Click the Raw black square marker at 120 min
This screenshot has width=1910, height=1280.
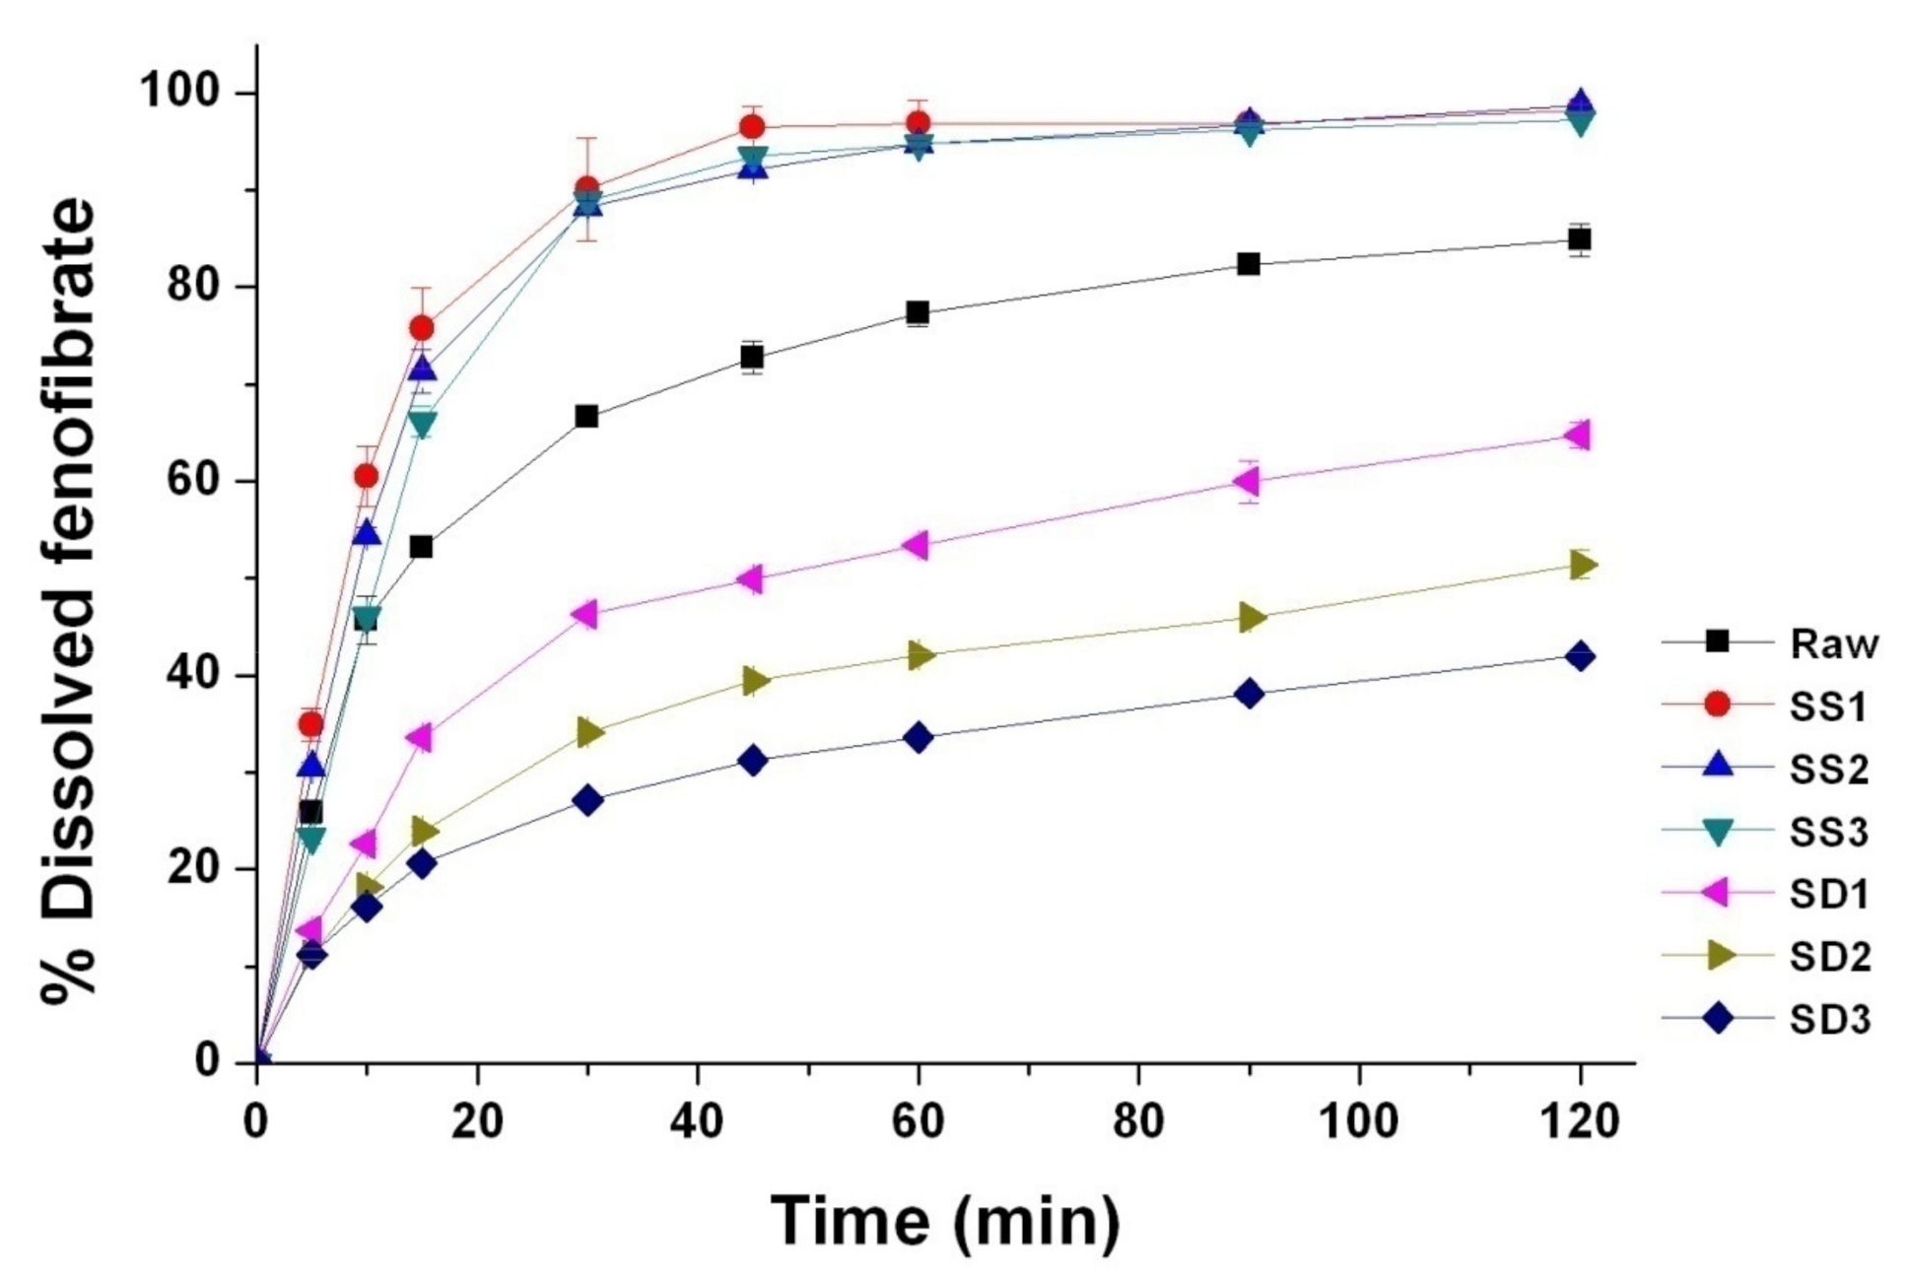(x=1580, y=239)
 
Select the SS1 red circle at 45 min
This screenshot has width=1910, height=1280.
(x=752, y=126)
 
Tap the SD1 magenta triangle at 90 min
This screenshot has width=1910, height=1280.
(x=1247, y=481)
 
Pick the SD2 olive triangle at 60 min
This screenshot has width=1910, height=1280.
(x=920, y=655)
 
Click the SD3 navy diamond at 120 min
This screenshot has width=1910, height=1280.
(x=1580, y=656)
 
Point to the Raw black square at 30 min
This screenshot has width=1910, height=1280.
(x=586, y=416)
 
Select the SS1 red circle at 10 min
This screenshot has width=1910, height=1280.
(x=366, y=476)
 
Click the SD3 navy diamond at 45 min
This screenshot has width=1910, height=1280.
(x=753, y=761)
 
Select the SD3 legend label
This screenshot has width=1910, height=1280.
(x=1829, y=1020)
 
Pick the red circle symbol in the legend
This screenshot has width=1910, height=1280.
(x=1717, y=705)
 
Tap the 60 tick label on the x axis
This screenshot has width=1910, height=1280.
(x=918, y=1121)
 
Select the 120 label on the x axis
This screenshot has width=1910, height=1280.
(x=1578, y=1121)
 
